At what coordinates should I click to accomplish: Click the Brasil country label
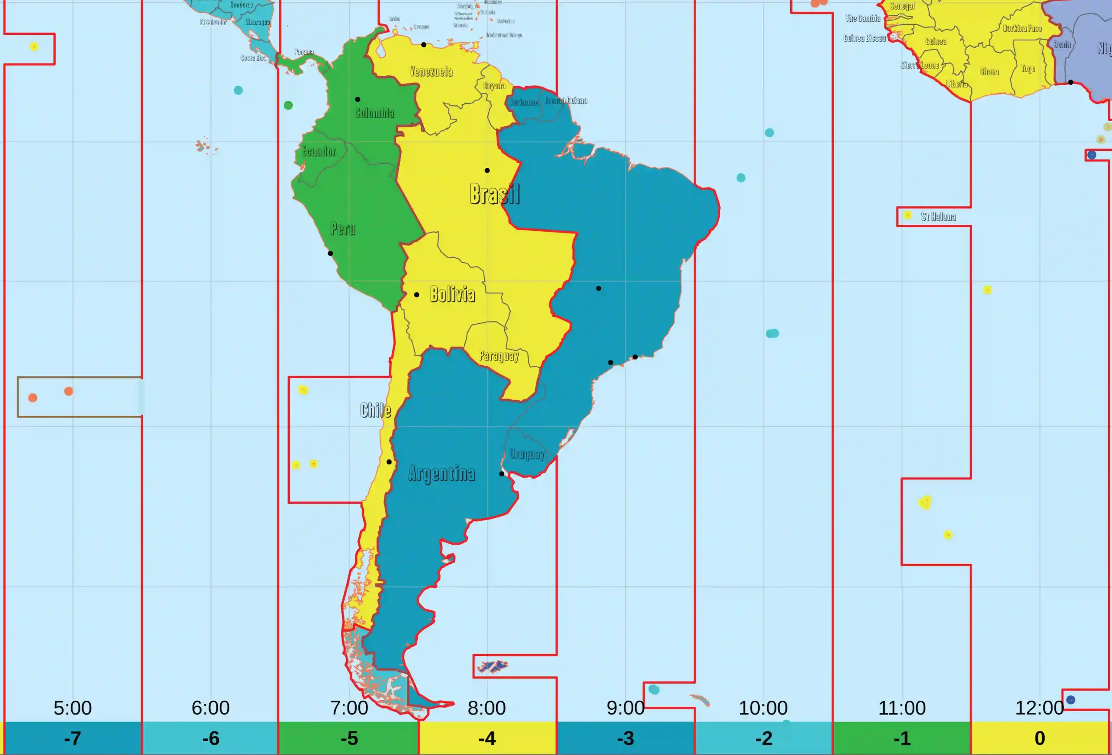point(494,193)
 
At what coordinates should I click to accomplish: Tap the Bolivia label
point(452,294)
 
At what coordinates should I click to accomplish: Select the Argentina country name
point(441,473)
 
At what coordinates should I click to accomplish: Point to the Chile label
point(376,410)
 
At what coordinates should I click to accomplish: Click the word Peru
point(343,228)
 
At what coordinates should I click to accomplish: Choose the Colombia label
point(374,113)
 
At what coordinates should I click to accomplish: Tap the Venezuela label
point(430,72)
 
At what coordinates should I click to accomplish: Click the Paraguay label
point(499,355)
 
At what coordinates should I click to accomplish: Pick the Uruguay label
point(527,453)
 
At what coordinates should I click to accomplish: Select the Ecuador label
point(319,151)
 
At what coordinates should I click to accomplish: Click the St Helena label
point(938,217)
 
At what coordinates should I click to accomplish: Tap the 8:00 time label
point(486,708)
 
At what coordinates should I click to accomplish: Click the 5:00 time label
point(72,708)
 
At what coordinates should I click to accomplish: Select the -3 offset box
point(625,738)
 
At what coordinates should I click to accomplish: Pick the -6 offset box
point(211,738)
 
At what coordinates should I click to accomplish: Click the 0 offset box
point(1039,738)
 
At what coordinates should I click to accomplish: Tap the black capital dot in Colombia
point(357,100)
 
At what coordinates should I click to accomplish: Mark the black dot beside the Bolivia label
point(417,295)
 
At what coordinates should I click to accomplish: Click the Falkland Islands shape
point(493,666)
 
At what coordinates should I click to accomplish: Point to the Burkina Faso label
point(1022,28)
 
